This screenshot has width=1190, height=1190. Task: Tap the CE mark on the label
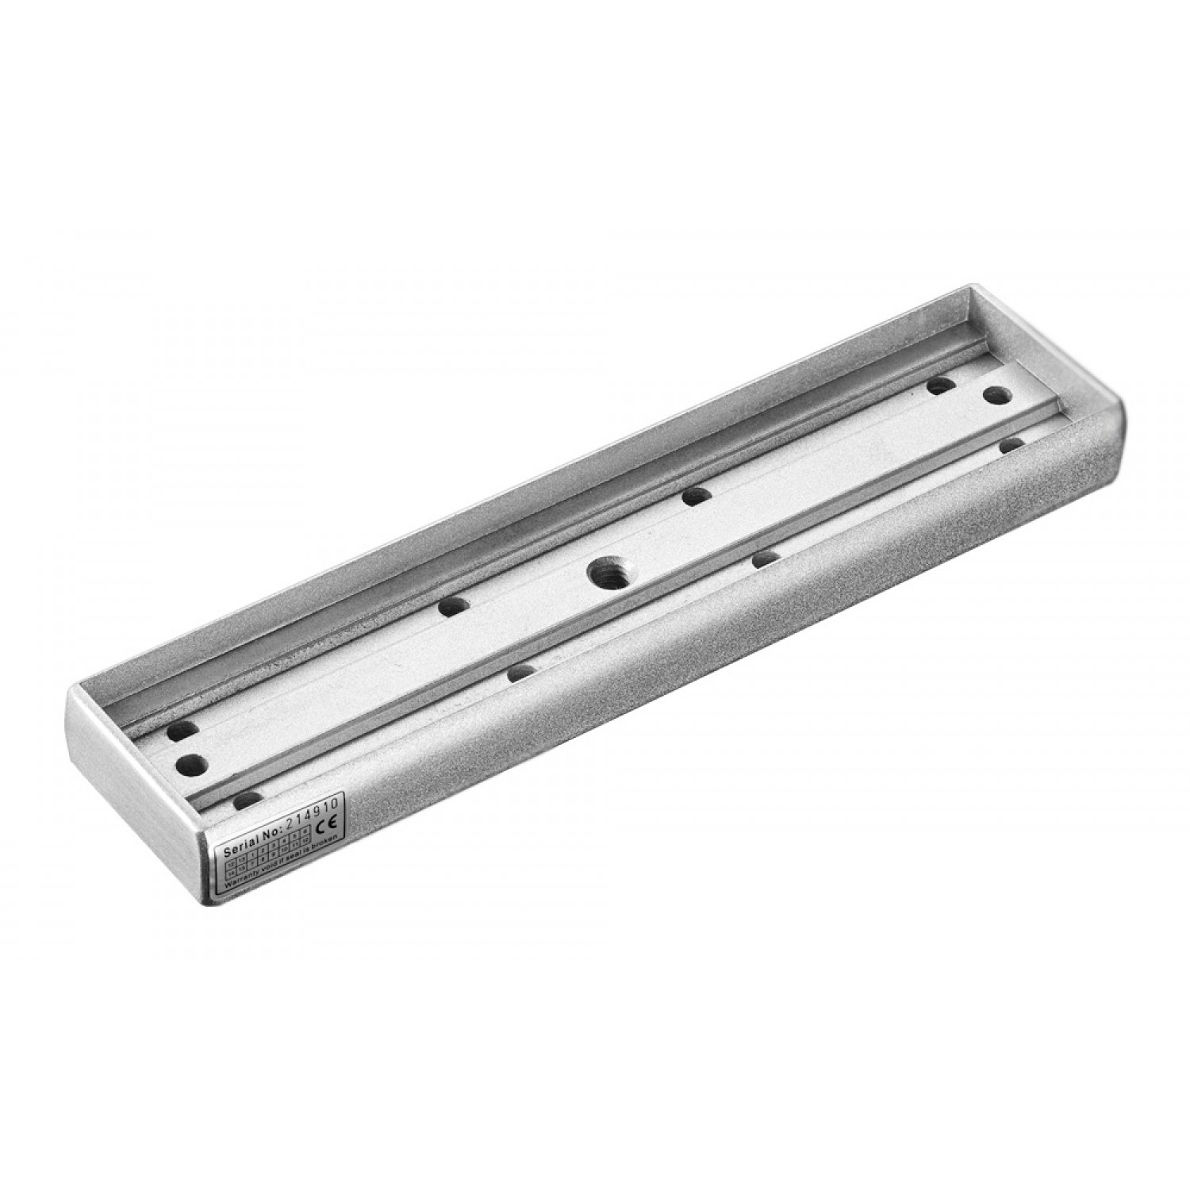326,823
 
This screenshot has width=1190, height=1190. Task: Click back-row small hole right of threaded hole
696,497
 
